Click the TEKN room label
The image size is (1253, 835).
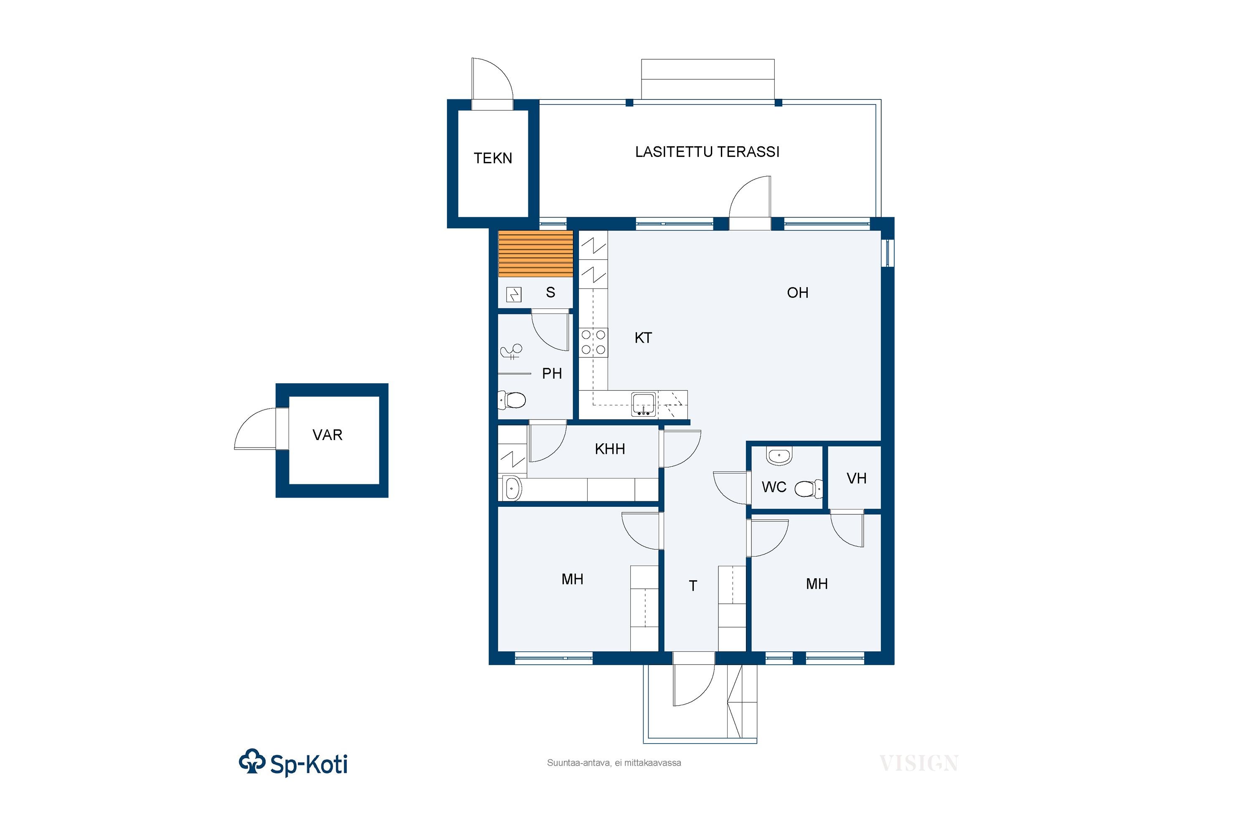[x=493, y=158]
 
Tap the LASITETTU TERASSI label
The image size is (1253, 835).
[x=707, y=152]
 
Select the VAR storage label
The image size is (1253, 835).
[x=327, y=435]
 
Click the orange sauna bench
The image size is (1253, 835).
[x=535, y=254]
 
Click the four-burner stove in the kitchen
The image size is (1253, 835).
[x=594, y=342]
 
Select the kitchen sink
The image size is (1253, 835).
[x=644, y=404]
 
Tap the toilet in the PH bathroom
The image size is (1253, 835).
[x=511, y=400]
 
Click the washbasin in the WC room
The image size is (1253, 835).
[x=779, y=456]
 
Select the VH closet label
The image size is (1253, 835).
[x=857, y=479]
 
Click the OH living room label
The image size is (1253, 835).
[x=797, y=293]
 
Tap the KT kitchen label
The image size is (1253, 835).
[x=643, y=338]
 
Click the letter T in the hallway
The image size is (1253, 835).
[x=692, y=586]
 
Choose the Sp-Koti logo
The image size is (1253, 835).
[x=294, y=763]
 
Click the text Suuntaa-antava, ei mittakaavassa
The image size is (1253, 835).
[x=614, y=763]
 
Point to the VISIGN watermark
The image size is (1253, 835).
[x=918, y=764]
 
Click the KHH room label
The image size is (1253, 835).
[x=610, y=449]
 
